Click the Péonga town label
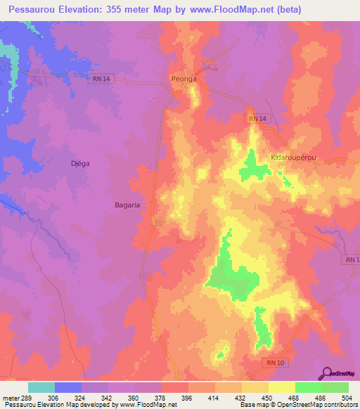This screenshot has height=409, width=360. coord(184,79)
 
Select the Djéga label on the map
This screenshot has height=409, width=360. coord(79,162)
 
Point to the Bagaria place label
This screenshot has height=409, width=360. coord(127,204)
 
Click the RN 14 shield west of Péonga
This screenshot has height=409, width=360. coord(101,79)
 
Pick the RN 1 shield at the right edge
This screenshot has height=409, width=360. coord(352,260)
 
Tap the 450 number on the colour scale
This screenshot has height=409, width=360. coord(267,398)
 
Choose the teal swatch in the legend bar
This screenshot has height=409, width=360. coord(41,387)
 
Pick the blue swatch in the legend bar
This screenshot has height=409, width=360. coord(67,387)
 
